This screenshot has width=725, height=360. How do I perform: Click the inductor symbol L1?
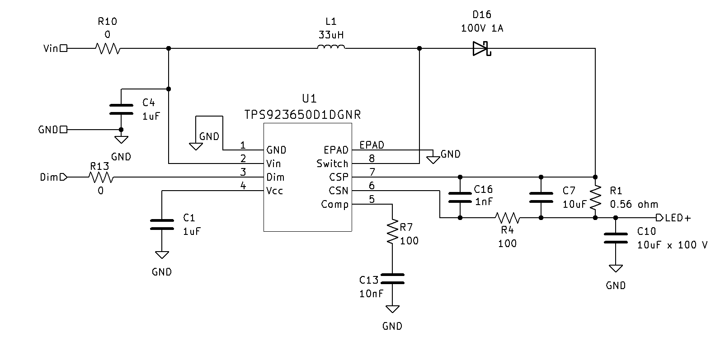(331, 47)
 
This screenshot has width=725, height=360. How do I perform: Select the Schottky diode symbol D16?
(482, 48)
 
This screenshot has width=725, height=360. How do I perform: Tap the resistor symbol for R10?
(108, 48)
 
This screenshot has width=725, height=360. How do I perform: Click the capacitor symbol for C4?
(122, 109)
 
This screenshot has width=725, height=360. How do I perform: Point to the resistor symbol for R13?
(101, 177)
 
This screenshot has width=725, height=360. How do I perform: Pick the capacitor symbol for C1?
(162, 224)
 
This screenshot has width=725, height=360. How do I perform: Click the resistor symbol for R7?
(392, 232)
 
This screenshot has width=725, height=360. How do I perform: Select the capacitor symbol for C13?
(392, 279)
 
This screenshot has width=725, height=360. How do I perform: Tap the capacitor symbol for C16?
(460, 197)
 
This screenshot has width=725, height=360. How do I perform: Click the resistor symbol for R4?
(507, 218)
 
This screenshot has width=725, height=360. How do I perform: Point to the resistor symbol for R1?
(595, 197)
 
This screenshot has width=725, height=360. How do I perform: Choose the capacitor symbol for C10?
(616, 238)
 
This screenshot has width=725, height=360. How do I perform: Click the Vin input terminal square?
(64, 48)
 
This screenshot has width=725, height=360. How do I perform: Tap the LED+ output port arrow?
(659, 218)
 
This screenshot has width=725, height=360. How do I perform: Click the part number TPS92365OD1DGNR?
(302, 114)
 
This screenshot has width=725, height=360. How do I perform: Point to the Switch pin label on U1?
(332, 164)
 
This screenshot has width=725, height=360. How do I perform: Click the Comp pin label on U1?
(334, 205)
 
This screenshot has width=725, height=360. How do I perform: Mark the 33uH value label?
(331, 35)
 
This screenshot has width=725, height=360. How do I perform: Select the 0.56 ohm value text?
(634, 204)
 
